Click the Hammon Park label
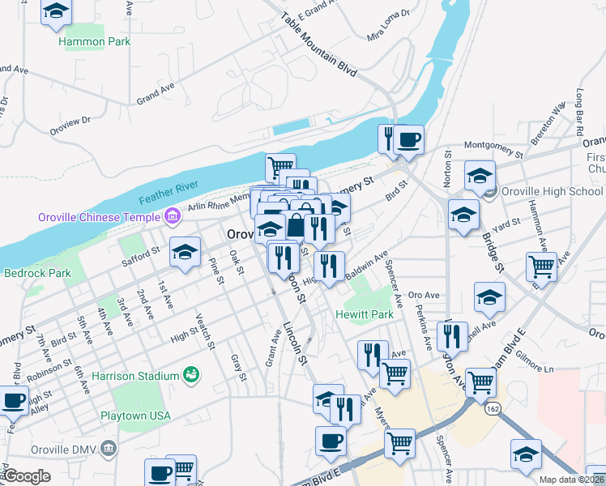coord(95,41)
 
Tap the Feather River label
coord(169,193)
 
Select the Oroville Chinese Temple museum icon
coord(172,216)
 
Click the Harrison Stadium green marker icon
coord(191,374)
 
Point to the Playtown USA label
coord(136,416)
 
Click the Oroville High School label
coord(551,192)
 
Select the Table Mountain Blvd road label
coord(318,45)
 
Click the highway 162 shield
coord(493,409)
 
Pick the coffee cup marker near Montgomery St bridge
coord(408,138)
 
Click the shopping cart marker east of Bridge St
coord(540,266)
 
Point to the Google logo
coord(27,476)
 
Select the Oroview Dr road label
coord(70,122)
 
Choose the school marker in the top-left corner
coord(56,11)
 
